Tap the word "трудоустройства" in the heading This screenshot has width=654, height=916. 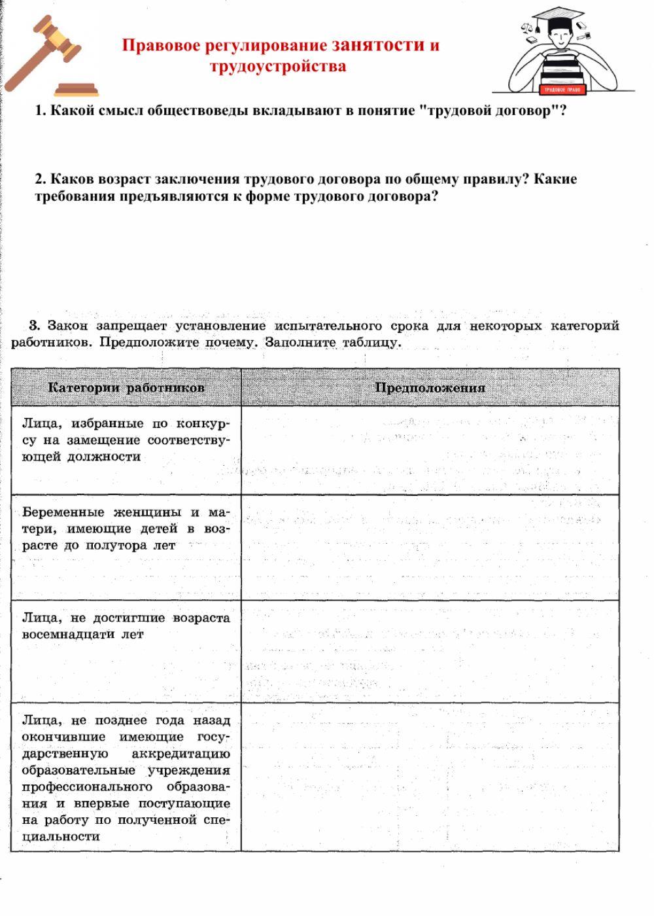pos(278,66)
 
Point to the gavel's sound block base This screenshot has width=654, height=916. pos(77,88)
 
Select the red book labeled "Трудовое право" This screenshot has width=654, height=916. pos(563,88)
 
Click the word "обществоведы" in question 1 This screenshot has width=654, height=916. pos(197,111)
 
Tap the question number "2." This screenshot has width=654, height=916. pos(41,179)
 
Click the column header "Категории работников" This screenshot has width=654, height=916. pos(126,387)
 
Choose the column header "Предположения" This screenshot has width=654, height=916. pos(430,387)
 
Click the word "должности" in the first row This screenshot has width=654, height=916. pos(104,457)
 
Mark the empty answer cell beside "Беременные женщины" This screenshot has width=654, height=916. pos(430,547)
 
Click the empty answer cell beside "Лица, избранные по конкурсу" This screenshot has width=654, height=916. pos(430,450)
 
